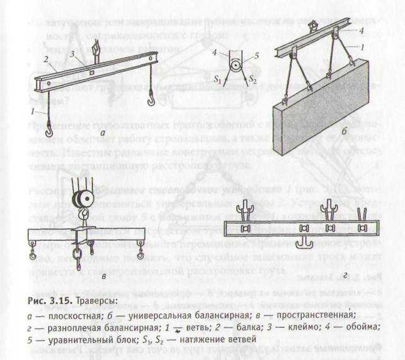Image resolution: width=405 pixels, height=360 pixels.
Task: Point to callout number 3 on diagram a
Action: pyautogui.click(x=74, y=54)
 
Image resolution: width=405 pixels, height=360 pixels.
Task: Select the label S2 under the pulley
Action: pyautogui.click(x=254, y=81)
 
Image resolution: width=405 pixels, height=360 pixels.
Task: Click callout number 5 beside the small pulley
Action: pyautogui.click(x=256, y=53)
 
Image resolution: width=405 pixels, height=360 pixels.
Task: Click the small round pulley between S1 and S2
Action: pyautogui.click(x=235, y=65)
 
